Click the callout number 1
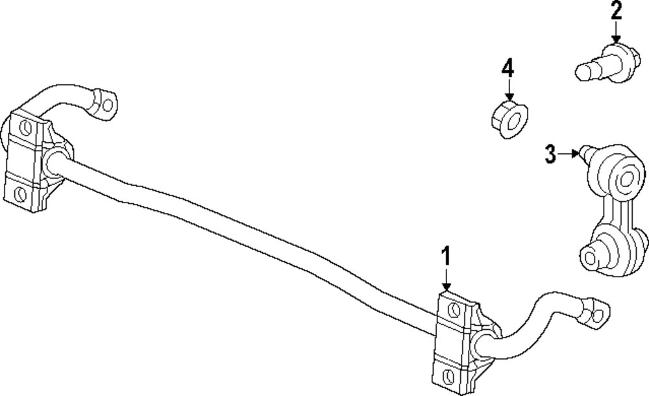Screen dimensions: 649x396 [x=446, y=258]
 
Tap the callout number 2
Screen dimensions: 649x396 [x=615, y=11]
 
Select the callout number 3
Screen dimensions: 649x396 [x=550, y=155]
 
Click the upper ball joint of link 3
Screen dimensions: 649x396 [x=628, y=177]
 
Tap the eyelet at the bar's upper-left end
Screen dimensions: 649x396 [x=106, y=103]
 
